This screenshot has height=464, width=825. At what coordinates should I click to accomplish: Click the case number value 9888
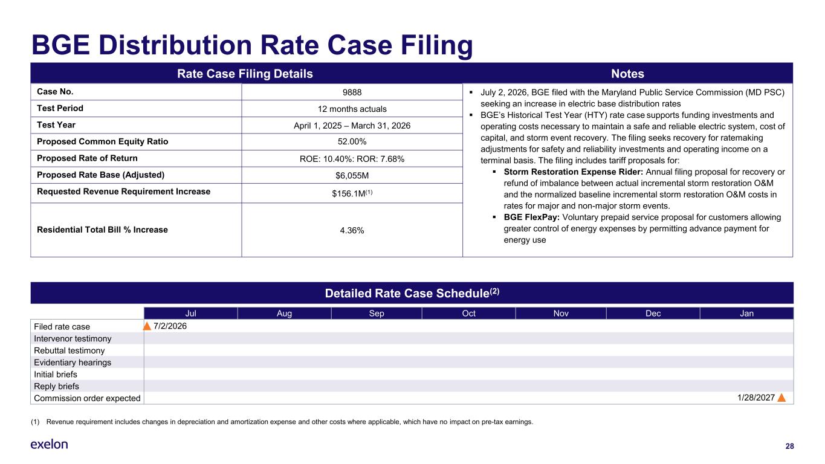pos(352,92)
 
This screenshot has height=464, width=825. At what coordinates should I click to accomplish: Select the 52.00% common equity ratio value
pos(352,142)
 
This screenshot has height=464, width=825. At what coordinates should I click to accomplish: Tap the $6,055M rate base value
pos(352,176)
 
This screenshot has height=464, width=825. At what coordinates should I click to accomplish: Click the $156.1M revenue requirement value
pos(352,193)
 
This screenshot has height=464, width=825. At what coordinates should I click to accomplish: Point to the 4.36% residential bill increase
pos(352,231)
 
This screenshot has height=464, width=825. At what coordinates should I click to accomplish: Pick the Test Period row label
pos(60,108)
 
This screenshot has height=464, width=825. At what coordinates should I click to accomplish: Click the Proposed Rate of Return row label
pos(87,158)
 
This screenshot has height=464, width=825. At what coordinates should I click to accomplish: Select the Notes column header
pos(627,74)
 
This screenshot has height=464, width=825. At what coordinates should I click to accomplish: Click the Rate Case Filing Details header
pos(245,74)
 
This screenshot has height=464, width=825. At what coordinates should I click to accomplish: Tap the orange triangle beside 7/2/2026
pos(147,326)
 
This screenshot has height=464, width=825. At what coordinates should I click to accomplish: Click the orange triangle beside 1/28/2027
pos(781,398)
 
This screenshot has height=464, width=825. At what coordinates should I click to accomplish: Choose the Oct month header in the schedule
pos(468,314)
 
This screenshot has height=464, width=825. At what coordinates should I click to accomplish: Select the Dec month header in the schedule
pos(653,314)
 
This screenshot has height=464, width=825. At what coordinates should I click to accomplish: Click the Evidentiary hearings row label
pos(73,362)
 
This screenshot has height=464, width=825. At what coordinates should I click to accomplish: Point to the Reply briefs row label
pos(56,386)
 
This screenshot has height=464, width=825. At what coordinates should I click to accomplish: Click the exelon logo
pos(49,444)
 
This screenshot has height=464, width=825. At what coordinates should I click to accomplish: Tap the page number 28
pos(789,446)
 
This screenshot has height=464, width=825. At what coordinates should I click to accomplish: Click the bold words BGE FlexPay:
pos(531,217)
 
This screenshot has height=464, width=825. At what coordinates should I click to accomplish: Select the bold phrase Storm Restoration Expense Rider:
pos(574,172)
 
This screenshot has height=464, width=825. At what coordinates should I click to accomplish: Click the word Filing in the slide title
pos(436,46)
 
